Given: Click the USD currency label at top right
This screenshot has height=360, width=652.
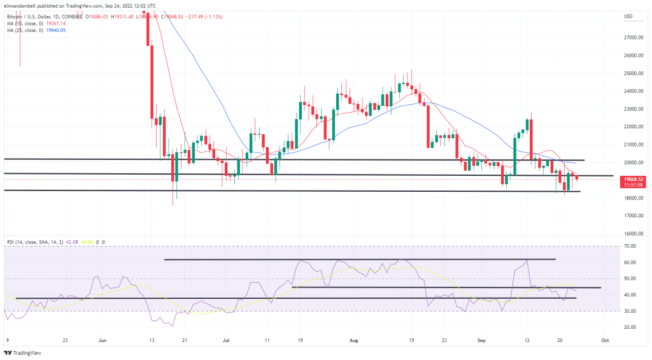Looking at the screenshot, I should (x=628, y=16).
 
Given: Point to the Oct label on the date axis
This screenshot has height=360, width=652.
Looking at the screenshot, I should (x=605, y=341).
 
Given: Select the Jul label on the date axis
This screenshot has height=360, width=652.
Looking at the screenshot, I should (x=226, y=341).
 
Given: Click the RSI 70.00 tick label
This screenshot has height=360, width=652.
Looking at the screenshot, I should (x=632, y=245).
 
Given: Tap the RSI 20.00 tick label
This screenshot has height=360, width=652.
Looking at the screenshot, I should (x=632, y=327).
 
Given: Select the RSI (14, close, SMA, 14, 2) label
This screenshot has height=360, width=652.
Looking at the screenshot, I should (x=36, y=242).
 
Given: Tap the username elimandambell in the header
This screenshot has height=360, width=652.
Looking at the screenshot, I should (x=22, y=6).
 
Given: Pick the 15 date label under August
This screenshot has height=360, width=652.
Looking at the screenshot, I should (x=412, y=341).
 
